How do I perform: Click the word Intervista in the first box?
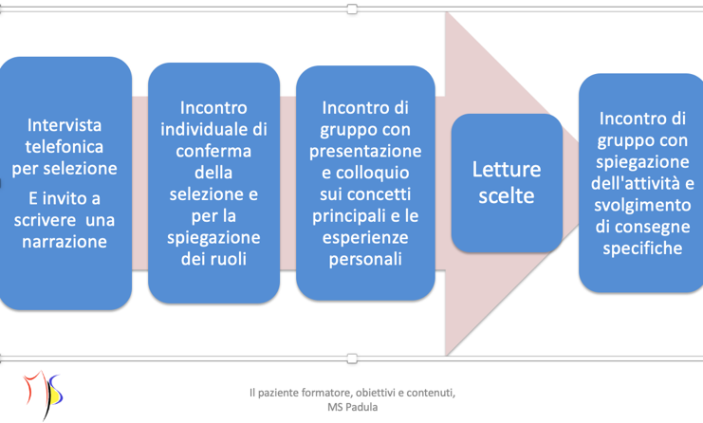[65, 125]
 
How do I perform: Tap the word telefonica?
[65, 146]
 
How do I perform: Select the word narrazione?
[65, 242]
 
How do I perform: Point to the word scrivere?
[45, 220]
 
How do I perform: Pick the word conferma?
[213, 151]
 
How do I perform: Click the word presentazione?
[365, 152]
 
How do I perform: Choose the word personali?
[365, 260]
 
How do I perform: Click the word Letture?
[507, 170]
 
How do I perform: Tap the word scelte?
[507, 195]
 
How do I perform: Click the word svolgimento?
[642, 205]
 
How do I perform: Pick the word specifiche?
[642, 248]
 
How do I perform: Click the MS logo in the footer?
[44, 395]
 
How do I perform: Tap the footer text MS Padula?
[352, 407]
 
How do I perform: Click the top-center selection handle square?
[352, 9]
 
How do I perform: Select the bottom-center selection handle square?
[352, 359]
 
